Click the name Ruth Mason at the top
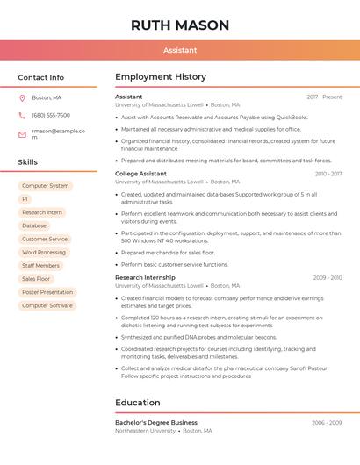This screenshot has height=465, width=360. (x=180, y=25)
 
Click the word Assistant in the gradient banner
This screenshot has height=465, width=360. (x=180, y=50)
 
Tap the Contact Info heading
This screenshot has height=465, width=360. (x=40, y=77)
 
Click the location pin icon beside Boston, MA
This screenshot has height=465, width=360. (x=22, y=97)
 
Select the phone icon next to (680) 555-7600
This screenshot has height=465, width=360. (x=22, y=115)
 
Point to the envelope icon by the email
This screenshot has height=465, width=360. (x=22, y=134)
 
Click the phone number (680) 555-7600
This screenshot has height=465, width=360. (x=51, y=115)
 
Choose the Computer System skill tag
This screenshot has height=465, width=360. (x=46, y=186)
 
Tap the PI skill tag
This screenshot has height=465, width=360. (x=25, y=199)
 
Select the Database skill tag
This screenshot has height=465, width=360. (x=34, y=225)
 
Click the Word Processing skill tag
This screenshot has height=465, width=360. (x=44, y=252)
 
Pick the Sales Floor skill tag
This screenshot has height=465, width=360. (x=36, y=279)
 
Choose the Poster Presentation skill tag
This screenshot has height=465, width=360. (x=47, y=292)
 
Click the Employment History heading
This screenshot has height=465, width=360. (x=161, y=77)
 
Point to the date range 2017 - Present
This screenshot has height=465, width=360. (x=324, y=97)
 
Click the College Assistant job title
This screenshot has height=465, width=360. (x=140, y=174)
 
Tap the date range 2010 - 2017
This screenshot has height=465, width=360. (x=328, y=174)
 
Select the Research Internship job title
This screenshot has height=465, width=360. (x=145, y=277)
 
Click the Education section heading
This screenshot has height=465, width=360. (x=137, y=403)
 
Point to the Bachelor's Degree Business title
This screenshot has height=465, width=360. (x=156, y=422)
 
